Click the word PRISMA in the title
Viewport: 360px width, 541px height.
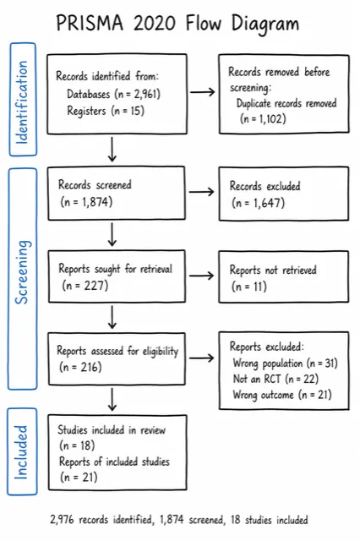coord(90,24)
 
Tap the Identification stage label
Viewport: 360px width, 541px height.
coord(22,102)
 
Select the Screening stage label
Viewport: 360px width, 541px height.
coord(22,272)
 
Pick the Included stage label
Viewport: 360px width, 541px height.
coord(21,452)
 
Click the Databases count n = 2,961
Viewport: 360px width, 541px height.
coord(138,94)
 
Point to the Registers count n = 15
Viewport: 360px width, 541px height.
coord(128,111)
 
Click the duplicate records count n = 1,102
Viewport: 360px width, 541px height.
coord(263,118)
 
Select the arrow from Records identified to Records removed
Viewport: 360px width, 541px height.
coord(203,92)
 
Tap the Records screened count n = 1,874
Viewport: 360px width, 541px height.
coord(86,201)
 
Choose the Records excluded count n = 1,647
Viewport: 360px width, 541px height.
coord(259,203)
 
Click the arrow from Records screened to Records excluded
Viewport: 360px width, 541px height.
coord(202,192)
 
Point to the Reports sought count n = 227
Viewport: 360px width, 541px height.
coord(85,286)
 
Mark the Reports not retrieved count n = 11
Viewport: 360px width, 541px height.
coord(249,287)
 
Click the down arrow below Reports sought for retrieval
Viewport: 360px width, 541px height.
coord(112,318)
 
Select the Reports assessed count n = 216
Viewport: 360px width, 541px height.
coord(80,367)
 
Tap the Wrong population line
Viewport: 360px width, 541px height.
coord(285,363)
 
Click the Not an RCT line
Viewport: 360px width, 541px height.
coord(275,379)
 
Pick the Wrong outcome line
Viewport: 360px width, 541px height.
coord(282,395)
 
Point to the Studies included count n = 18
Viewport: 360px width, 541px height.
coord(77,445)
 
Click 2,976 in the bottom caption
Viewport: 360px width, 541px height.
coord(62,520)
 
